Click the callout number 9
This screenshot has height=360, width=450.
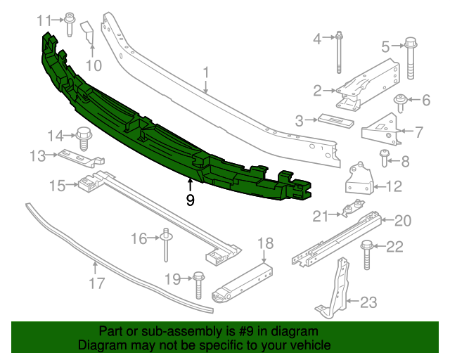190,200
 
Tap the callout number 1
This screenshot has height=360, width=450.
207,72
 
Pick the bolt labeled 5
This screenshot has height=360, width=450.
411,59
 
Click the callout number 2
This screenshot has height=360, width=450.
318,90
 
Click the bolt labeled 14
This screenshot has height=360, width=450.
82,137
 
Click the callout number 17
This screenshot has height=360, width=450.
96,283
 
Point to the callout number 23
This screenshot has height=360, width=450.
368,302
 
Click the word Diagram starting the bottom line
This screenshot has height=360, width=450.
103,346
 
